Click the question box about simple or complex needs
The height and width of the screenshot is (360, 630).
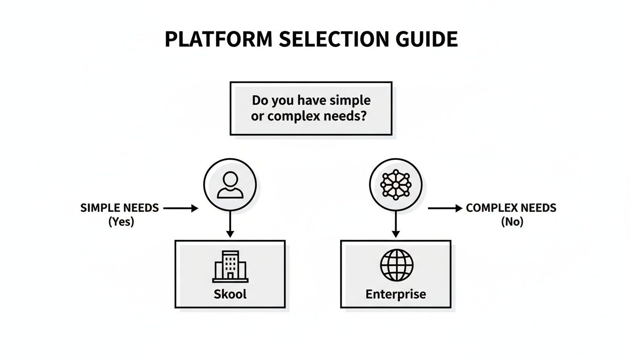[x=311, y=108]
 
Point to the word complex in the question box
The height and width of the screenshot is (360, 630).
[x=295, y=116]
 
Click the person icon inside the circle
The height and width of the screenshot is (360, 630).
[x=230, y=184]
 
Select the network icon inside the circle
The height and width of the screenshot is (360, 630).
[x=396, y=184]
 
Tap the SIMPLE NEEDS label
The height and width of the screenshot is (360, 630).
[x=120, y=208]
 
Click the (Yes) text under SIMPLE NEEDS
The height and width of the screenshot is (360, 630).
[x=121, y=222]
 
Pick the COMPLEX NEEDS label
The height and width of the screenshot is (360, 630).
[x=511, y=208]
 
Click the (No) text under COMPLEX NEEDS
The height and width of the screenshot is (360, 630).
[x=512, y=222]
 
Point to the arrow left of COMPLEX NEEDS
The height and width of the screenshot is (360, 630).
[x=445, y=209]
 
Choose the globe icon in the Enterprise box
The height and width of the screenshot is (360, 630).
[x=396, y=265]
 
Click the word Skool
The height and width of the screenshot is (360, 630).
[x=230, y=294]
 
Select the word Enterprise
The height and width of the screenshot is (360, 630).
[x=396, y=294]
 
